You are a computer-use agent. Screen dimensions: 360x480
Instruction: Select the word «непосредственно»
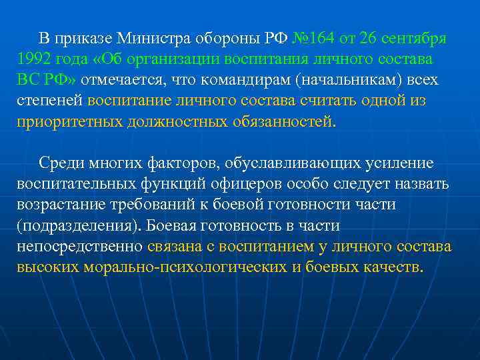tap(79, 247)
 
